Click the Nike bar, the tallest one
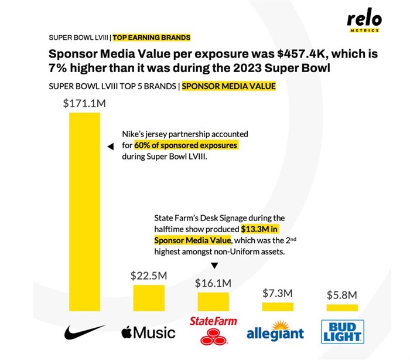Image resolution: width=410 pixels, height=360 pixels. pyautogui.click(x=84, y=211)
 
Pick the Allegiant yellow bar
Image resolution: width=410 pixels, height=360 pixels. pyautogui.click(x=278, y=306)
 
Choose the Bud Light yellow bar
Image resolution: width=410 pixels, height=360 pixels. pyautogui.click(x=341, y=307)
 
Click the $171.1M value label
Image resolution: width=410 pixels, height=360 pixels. pyautogui.click(x=84, y=104)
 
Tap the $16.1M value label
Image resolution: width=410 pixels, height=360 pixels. pyautogui.click(x=213, y=283)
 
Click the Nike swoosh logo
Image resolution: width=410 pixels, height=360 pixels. pyautogui.click(x=84, y=332)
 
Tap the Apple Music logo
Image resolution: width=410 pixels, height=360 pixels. pyautogui.click(x=148, y=333)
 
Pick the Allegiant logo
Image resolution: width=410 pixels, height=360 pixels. pyautogui.click(x=275, y=331)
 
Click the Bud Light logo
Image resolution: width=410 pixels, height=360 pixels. pyautogui.click(x=342, y=332)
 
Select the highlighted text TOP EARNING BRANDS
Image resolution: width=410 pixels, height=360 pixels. pyautogui.click(x=151, y=38)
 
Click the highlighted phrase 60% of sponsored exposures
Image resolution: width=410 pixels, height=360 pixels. pyautogui.click(x=186, y=145)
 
